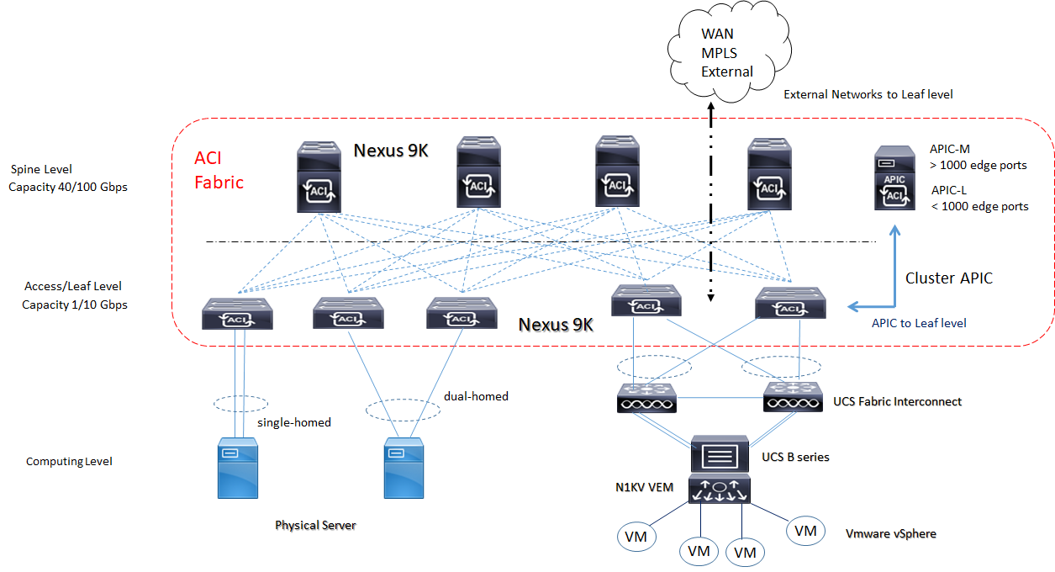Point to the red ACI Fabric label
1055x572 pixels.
(x=219, y=170)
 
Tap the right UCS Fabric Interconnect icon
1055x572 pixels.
(x=793, y=399)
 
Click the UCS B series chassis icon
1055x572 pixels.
(x=720, y=455)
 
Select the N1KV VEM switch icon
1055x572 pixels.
(x=720, y=490)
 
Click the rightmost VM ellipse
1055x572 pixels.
(x=805, y=531)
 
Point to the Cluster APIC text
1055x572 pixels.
(x=948, y=278)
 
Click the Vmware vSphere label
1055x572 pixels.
(x=891, y=533)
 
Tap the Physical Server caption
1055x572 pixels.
(x=315, y=526)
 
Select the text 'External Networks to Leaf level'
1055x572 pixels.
(x=868, y=95)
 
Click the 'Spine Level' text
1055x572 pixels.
(x=40, y=170)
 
